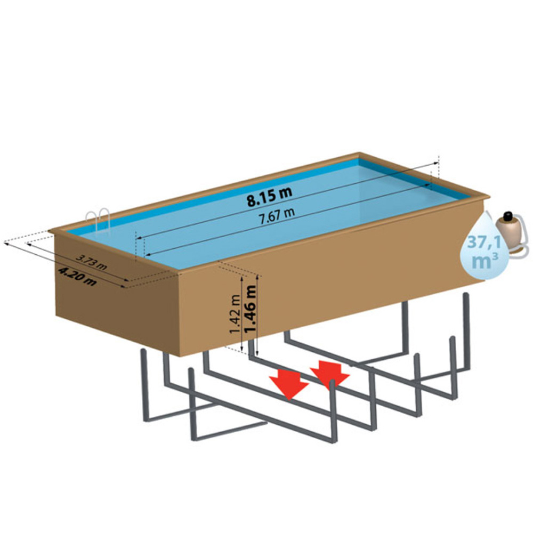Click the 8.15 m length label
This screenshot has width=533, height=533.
coord(269,197)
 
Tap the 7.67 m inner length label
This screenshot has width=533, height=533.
coord(277,216)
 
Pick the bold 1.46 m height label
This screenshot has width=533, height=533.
coord(250,309)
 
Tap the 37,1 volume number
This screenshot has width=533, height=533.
coord(484,243)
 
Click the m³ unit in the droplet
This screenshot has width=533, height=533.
coord(485,261)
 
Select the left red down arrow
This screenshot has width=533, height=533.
coord(289,386)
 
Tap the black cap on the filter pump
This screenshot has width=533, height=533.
coord(508,215)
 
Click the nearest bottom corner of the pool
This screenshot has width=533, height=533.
coord(180,356)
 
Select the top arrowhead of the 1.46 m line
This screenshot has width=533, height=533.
coord(257,277)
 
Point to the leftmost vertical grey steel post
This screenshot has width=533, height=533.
coord(145,385)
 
